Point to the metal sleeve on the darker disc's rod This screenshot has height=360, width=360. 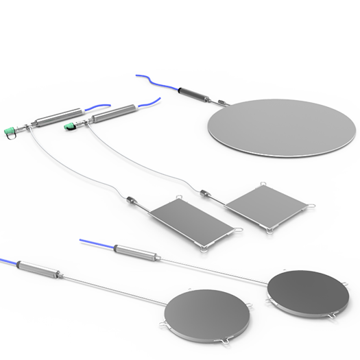[x=136, y=251]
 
